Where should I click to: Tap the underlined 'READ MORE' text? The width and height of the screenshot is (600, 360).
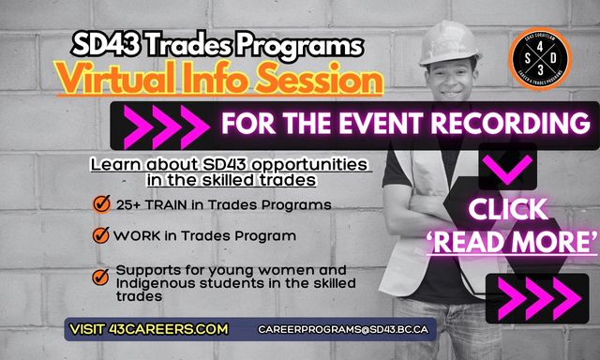click(513, 242)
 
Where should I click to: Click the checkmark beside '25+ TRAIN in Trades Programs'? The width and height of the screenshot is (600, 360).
click(98, 203)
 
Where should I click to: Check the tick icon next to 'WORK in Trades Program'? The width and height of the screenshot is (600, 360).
click(98, 235)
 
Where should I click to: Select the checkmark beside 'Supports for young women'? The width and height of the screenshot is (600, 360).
click(98, 276)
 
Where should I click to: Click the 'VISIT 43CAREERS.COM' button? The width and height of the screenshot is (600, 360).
click(148, 329)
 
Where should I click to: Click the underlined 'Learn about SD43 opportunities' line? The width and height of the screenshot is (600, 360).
click(231, 163)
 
